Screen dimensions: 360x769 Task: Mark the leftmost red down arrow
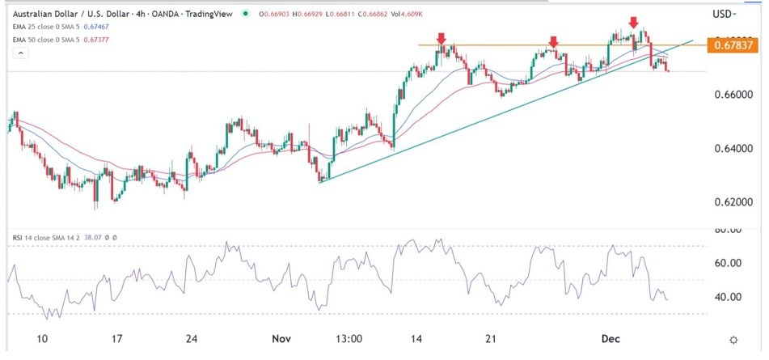pyautogui.click(x=441, y=38)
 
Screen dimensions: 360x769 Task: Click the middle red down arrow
pyautogui.click(x=553, y=40)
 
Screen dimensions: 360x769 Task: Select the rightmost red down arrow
pyautogui.click(x=634, y=22)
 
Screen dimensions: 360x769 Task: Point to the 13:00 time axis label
pyautogui.click(x=349, y=339)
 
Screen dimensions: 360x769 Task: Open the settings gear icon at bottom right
pyautogui.click(x=733, y=340)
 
